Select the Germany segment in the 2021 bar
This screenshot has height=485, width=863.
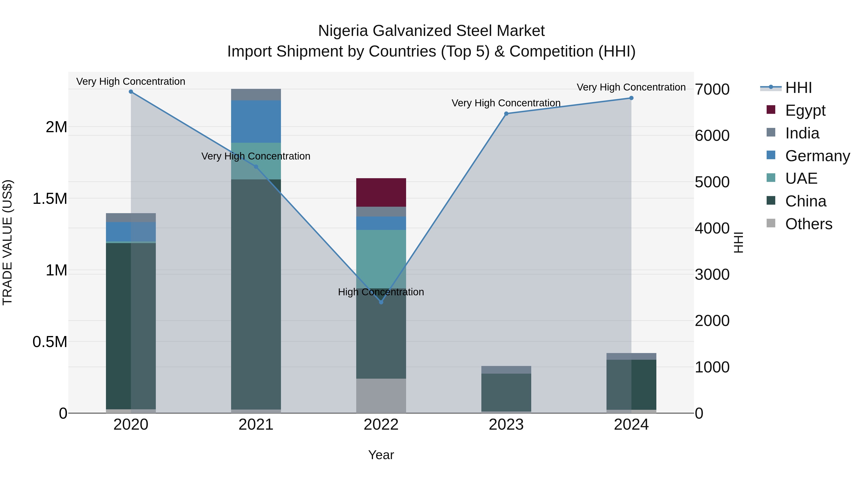click(x=256, y=121)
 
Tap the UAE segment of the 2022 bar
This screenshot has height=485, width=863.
click(x=381, y=258)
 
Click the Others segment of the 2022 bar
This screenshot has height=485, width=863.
click(x=381, y=396)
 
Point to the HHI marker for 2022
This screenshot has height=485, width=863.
click(x=381, y=302)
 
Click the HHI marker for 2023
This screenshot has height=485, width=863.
click(x=506, y=114)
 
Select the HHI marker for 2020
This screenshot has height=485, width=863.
click(x=131, y=92)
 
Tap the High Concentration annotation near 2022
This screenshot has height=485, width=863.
click(x=381, y=292)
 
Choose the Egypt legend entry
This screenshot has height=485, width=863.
click(x=805, y=110)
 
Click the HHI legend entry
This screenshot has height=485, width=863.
click(x=798, y=88)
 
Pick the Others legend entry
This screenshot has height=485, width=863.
click(x=808, y=224)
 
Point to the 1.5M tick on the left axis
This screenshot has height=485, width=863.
click(x=50, y=199)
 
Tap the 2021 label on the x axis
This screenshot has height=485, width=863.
click(x=256, y=424)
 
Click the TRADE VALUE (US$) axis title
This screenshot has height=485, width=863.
click(x=7, y=242)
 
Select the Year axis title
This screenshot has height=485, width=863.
click(x=381, y=455)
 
